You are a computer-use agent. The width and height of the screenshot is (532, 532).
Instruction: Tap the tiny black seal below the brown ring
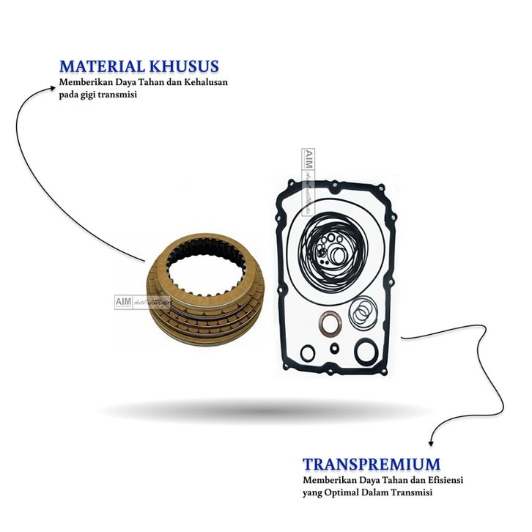point(334,347)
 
